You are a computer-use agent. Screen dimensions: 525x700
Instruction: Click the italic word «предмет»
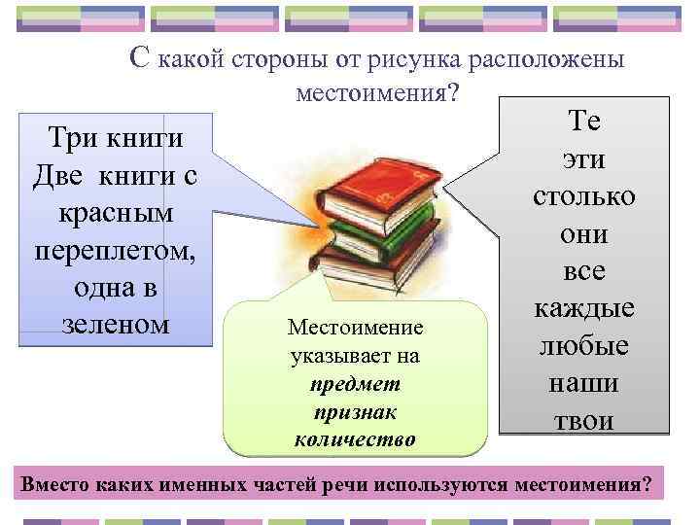point(355,384)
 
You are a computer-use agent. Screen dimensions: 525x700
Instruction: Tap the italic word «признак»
point(355,411)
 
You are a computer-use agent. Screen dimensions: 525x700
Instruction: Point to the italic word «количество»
point(355,439)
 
